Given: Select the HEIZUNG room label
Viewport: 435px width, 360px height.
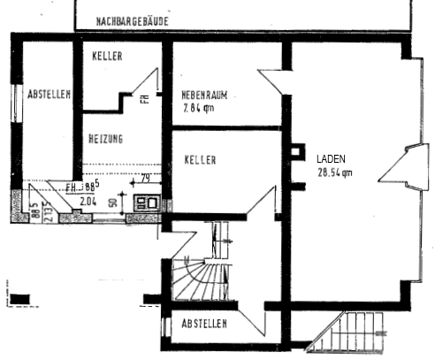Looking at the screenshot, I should coord(105,139).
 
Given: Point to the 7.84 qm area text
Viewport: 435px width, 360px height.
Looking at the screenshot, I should coord(200,109).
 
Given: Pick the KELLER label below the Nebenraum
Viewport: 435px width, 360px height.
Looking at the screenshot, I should coord(201,159).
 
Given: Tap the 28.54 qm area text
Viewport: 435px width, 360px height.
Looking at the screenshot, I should coord(334,172).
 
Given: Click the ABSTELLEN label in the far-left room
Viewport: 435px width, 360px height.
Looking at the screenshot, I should coord(49,94).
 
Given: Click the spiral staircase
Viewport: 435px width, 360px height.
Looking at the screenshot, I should coord(197,280).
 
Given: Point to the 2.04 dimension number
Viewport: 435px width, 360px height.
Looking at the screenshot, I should coord(88,201).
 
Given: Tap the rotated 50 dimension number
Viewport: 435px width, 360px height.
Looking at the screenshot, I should coord(114,201).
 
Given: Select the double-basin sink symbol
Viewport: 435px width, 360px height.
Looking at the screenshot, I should coord(146,203).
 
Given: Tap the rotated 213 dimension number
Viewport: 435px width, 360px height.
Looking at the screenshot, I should coord(47,213).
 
